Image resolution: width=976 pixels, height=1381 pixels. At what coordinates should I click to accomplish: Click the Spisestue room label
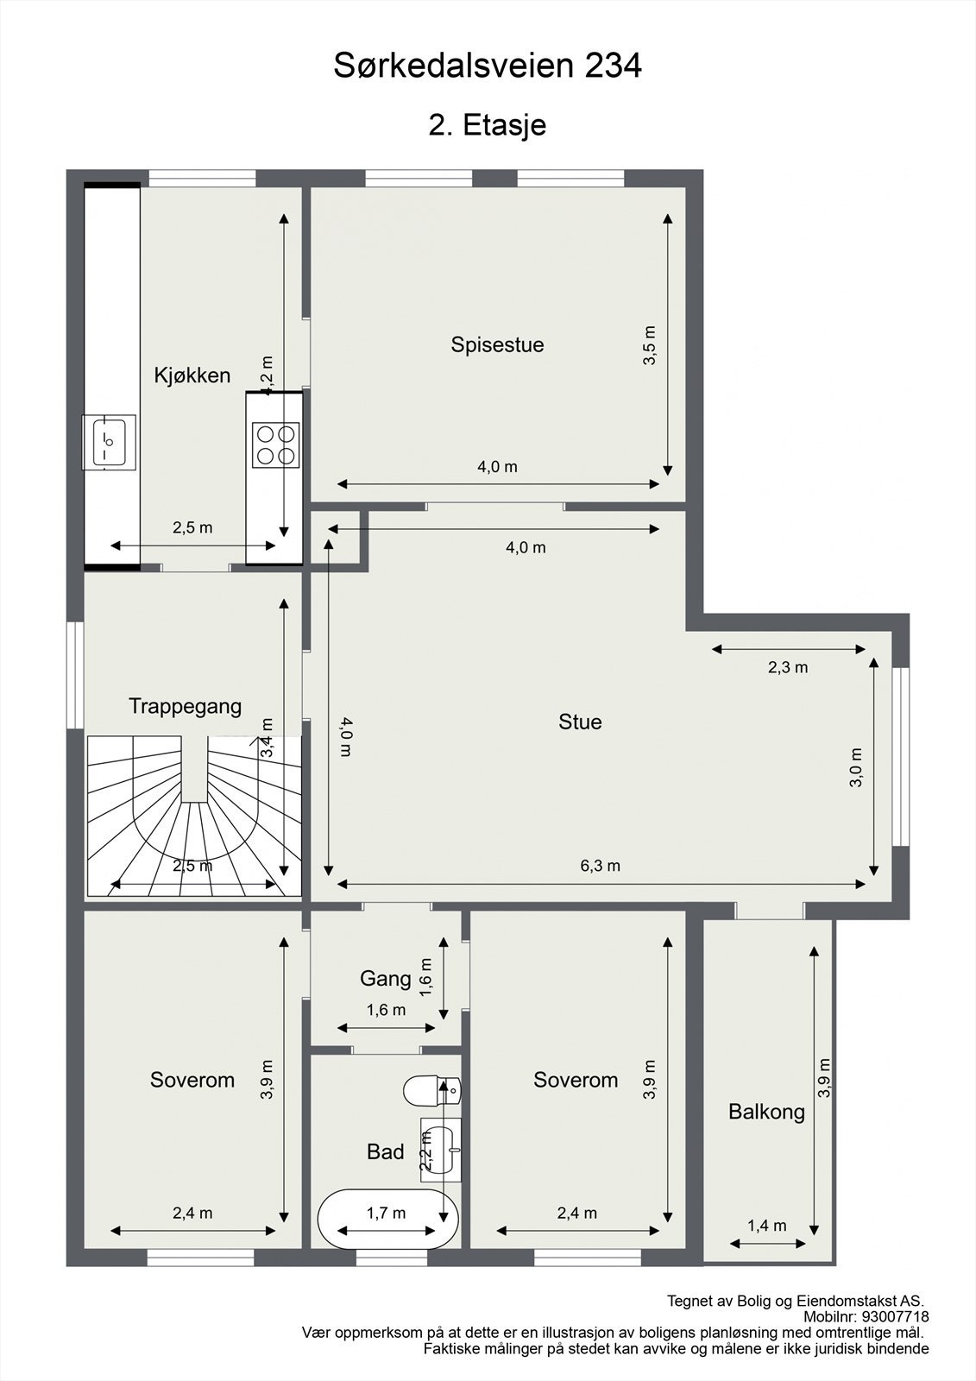497,344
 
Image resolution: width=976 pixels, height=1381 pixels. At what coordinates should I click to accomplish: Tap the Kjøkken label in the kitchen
192,375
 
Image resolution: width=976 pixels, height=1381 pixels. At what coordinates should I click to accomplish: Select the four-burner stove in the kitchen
275,445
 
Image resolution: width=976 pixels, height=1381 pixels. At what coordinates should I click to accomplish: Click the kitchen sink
109,442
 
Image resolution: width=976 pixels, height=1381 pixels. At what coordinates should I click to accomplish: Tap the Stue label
580,722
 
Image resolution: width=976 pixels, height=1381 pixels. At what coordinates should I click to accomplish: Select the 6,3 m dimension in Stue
600,866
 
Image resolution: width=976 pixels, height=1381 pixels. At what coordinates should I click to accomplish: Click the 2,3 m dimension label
787,667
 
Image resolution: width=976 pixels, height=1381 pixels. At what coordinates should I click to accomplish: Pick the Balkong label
766,1112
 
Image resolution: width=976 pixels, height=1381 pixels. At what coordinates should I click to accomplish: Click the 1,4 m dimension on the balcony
766,1226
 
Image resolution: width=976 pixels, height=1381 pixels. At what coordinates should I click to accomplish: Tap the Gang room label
385,978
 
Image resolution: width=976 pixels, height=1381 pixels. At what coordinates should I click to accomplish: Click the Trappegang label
185,706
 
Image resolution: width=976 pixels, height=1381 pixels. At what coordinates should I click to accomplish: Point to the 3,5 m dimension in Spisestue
650,345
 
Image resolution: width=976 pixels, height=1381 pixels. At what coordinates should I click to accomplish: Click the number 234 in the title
614,66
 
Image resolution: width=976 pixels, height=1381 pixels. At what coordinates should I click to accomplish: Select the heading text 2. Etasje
488,125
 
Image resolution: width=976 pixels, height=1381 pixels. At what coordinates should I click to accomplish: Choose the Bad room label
385,1151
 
